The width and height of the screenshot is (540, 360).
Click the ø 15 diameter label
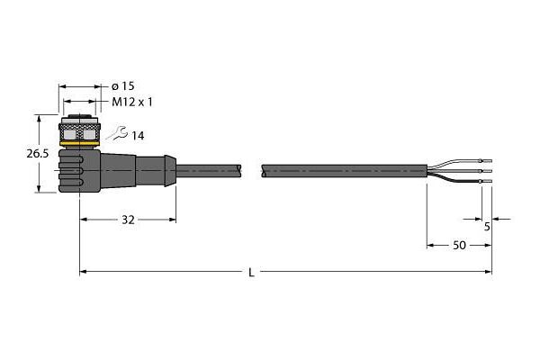(x=123, y=86)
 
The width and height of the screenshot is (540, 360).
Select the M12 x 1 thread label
(x=132, y=102)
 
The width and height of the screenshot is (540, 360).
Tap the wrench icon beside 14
(x=117, y=133)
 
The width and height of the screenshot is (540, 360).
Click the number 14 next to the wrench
(x=138, y=136)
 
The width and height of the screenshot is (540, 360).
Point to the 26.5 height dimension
(x=38, y=154)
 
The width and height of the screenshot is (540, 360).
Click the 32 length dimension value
(x=128, y=220)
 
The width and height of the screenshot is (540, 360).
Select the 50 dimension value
(x=459, y=246)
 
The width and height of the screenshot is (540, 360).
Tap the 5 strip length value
(x=487, y=227)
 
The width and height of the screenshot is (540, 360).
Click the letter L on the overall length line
(x=252, y=273)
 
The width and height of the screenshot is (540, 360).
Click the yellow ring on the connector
(x=79, y=143)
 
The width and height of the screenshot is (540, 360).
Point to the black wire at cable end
(x=454, y=179)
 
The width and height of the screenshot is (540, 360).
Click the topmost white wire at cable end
(x=454, y=163)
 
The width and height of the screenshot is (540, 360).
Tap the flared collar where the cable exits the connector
(x=170, y=171)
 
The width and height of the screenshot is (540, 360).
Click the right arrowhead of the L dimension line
(x=489, y=272)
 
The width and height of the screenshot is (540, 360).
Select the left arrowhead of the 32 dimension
(x=84, y=220)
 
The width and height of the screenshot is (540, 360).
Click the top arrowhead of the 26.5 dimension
(x=40, y=119)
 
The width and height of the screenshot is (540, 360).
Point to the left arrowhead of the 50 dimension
(x=430, y=246)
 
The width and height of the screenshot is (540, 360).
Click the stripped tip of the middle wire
(x=487, y=171)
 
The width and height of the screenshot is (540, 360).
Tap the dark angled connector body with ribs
(x=96, y=171)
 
